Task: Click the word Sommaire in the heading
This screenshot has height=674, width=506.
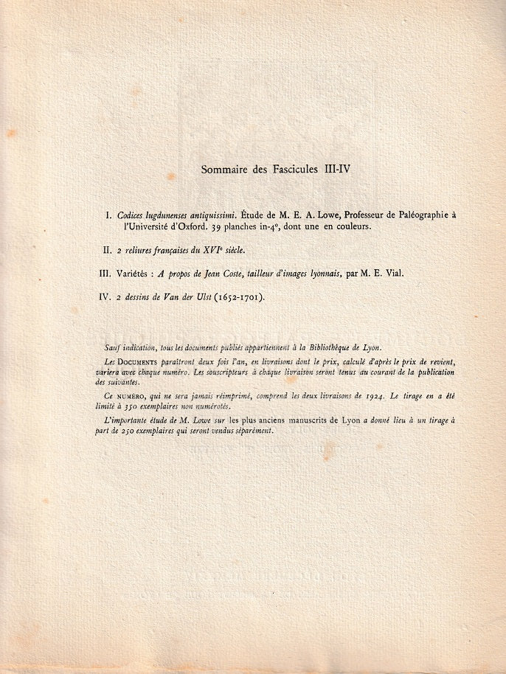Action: (223, 170)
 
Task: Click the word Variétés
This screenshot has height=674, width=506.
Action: (134, 274)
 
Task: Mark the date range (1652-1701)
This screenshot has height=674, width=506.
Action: (238, 297)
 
